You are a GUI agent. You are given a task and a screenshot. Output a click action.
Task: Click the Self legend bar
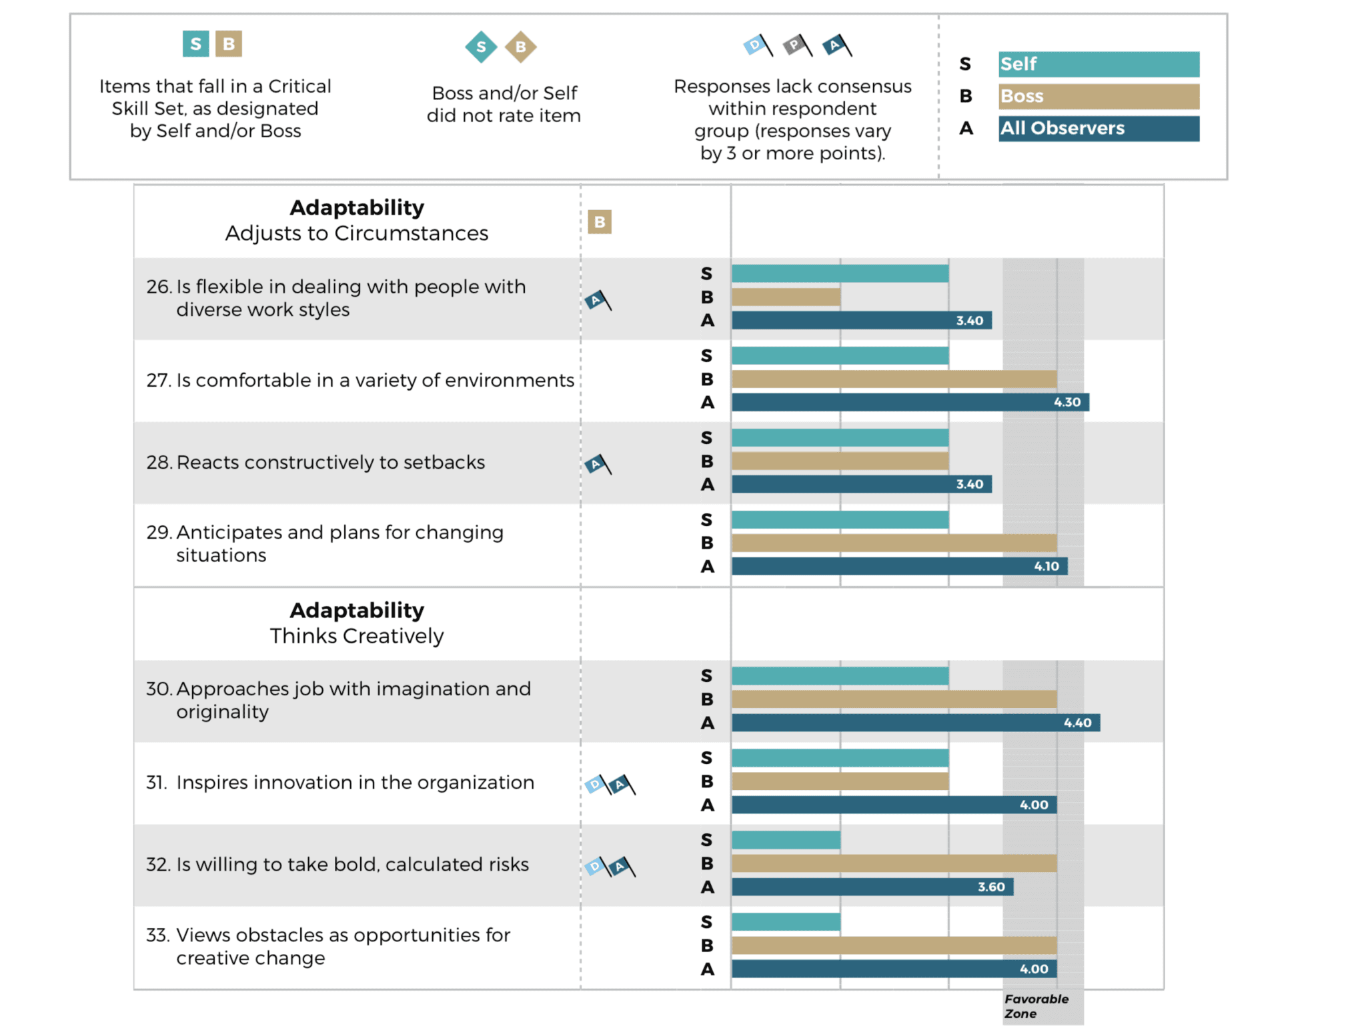[x=1098, y=64]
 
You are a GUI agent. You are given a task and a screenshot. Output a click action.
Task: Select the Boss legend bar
[x=1098, y=96]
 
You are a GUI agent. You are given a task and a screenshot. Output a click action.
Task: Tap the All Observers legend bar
[x=1098, y=128]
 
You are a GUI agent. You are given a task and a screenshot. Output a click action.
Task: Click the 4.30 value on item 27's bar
[x=1067, y=402]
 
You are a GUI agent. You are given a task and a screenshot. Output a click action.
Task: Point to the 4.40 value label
[x=1077, y=723]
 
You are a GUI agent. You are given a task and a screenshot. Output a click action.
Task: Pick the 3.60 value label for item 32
[x=991, y=887]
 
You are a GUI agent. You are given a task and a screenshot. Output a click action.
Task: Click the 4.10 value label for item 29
[x=1046, y=566]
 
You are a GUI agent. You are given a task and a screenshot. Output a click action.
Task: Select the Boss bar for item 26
[x=786, y=297]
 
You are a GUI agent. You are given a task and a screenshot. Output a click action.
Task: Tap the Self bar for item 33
[x=786, y=922]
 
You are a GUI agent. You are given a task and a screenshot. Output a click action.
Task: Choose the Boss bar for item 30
[x=894, y=699]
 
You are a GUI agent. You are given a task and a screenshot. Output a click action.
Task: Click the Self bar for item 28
[x=840, y=438]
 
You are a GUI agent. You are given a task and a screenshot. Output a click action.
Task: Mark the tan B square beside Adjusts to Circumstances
[x=600, y=222]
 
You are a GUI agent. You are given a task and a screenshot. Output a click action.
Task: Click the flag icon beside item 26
[x=598, y=301]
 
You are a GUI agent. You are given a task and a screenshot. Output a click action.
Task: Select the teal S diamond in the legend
[x=481, y=47]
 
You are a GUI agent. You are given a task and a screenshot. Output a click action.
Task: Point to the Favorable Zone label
[x=1036, y=1006]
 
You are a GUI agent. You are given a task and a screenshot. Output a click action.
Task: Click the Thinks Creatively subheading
[x=357, y=636]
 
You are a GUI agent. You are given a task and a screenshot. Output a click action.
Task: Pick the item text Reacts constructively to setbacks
[x=330, y=462]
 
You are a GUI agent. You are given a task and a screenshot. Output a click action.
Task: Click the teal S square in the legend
[x=195, y=44]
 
